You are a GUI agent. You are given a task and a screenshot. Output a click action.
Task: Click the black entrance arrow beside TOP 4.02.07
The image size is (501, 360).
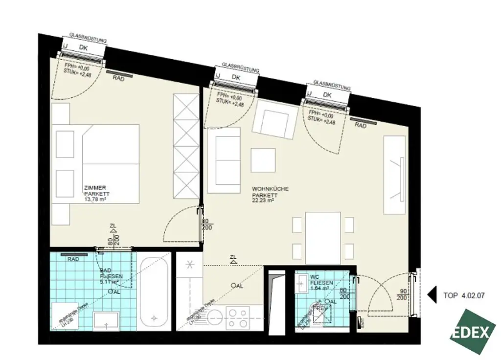(x=432, y=295)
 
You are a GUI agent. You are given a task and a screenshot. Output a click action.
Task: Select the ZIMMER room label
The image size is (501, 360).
(x=95, y=187)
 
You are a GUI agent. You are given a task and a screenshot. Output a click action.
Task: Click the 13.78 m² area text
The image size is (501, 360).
(x=95, y=200)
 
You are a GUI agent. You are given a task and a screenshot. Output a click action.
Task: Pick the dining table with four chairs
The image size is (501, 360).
(x=322, y=238)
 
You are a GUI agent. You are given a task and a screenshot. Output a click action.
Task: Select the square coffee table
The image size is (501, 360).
(x=263, y=160)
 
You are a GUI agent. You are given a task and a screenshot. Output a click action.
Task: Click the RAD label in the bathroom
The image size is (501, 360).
(x=74, y=260)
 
